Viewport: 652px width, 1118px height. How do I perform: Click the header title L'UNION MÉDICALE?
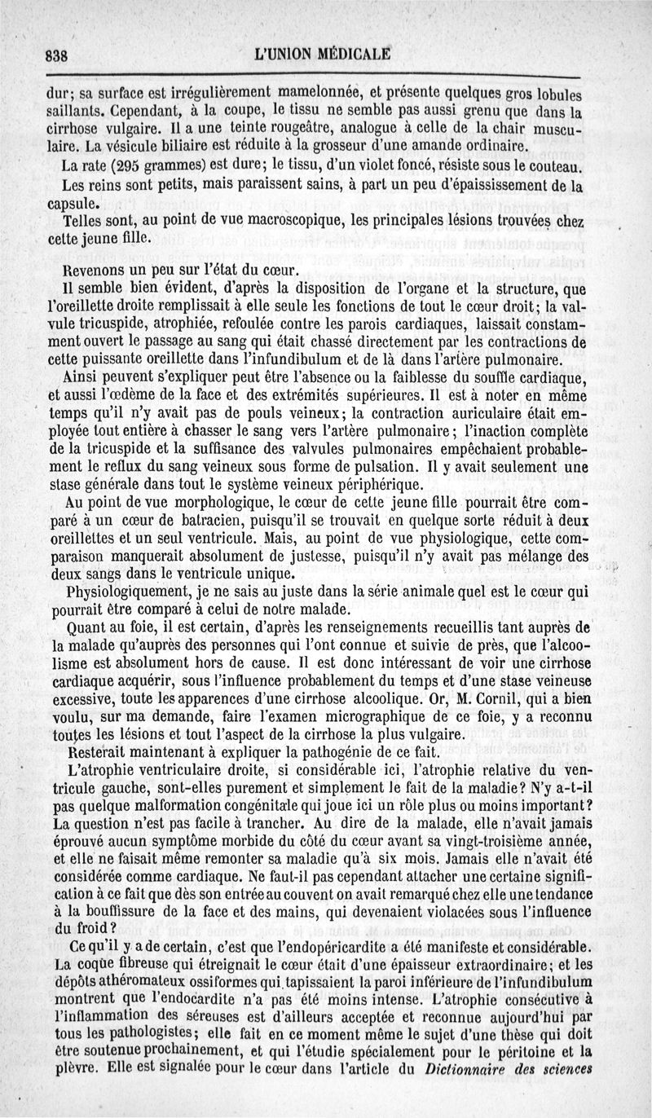[323, 55]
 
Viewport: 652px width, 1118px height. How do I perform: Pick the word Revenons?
[94, 270]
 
